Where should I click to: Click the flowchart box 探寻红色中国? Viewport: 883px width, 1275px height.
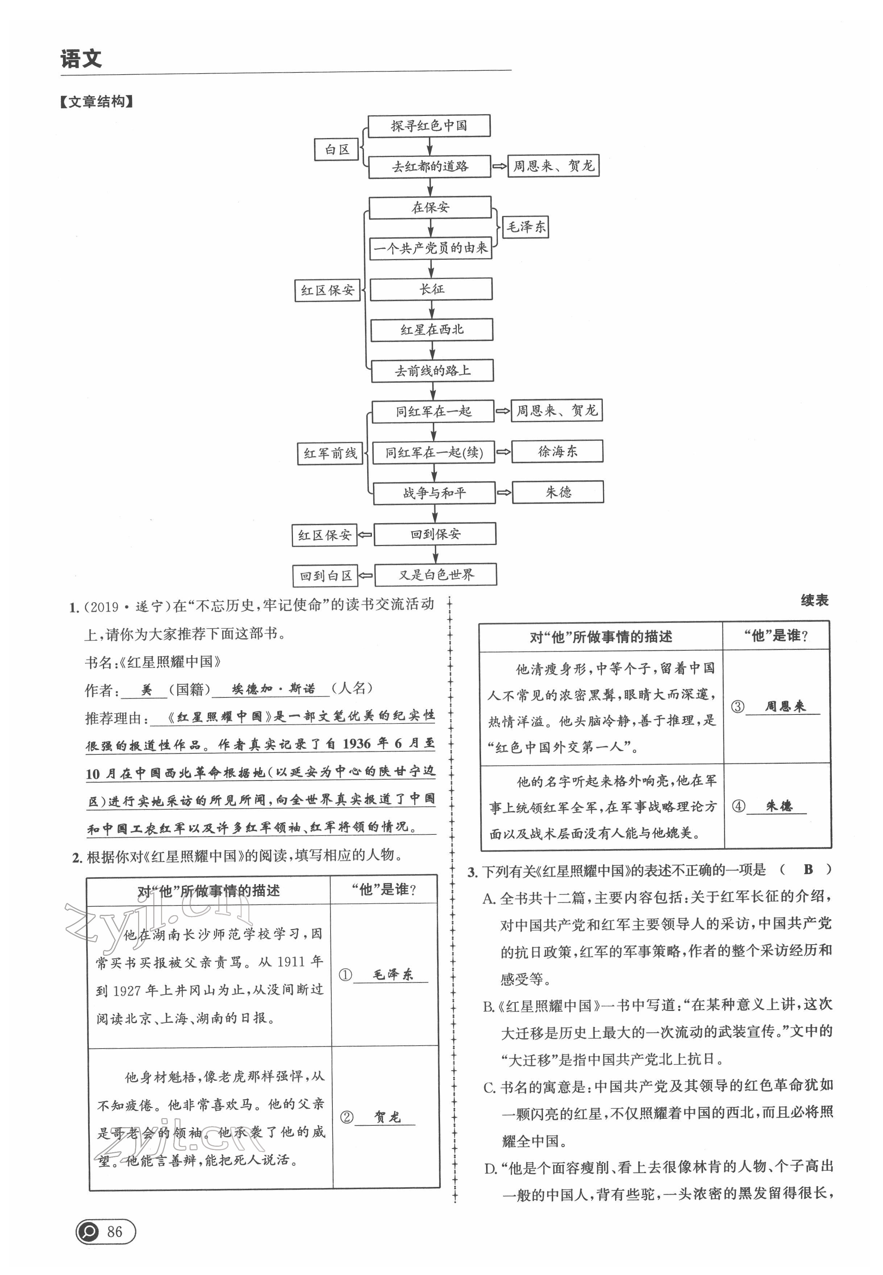[x=429, y=125]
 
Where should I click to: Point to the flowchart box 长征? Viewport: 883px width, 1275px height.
[x=431, y=289]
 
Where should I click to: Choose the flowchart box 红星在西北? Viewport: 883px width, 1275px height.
[x=432, y=330]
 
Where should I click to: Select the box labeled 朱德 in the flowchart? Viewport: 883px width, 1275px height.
[x=558, y=492]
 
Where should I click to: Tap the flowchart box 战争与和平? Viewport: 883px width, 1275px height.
[x=434, y=493]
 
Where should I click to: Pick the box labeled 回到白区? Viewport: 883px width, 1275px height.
[x=325, y=576]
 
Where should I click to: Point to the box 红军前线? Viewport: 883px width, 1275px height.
[x=330, y=453]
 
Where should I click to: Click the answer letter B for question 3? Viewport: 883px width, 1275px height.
[x=808, y=869]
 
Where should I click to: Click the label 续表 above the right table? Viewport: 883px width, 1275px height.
[x=814, y=600]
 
